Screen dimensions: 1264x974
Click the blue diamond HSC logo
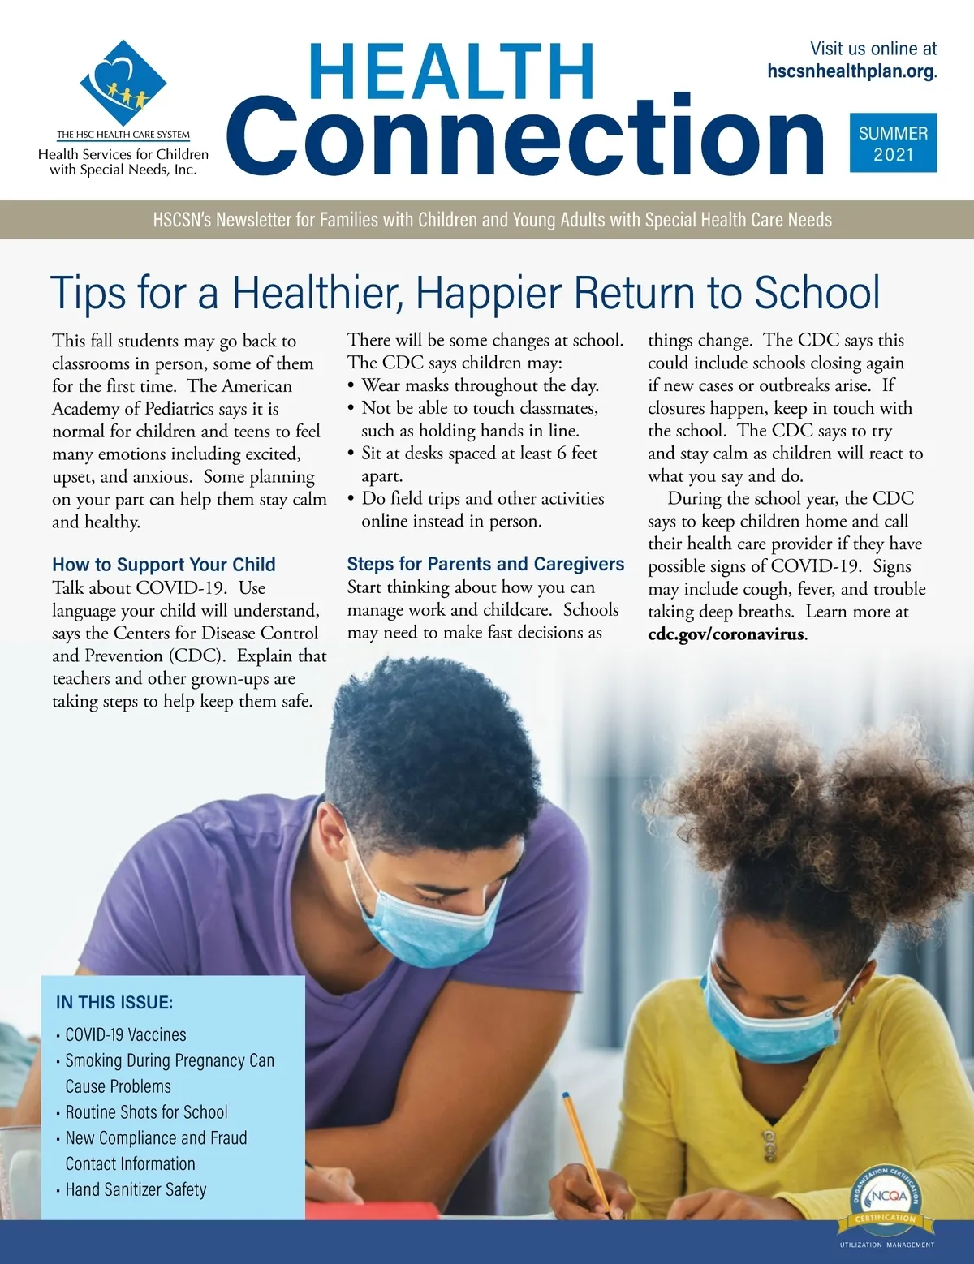(x=123, y=82)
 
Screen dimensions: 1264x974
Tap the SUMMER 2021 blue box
(x=893, y=143)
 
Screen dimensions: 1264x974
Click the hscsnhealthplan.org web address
(x=851, y=71)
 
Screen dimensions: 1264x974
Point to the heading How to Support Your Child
(x=164, y=565)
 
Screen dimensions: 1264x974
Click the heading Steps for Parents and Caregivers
(x=485, y=564)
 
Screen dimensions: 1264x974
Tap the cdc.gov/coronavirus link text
(x=726, y=634)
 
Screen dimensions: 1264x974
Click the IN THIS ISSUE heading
(x=114, y=1003)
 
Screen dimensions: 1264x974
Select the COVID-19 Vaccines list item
(x=126, y=1034)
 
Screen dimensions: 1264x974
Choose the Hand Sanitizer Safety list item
(x=136, y=1189)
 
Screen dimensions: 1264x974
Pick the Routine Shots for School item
(x=146, y=1112)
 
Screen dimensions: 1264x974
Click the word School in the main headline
(x=817, y=293)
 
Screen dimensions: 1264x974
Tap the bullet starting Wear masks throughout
(x=480, y=385)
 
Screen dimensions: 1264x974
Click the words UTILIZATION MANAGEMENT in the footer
(x=886, y=1245)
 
